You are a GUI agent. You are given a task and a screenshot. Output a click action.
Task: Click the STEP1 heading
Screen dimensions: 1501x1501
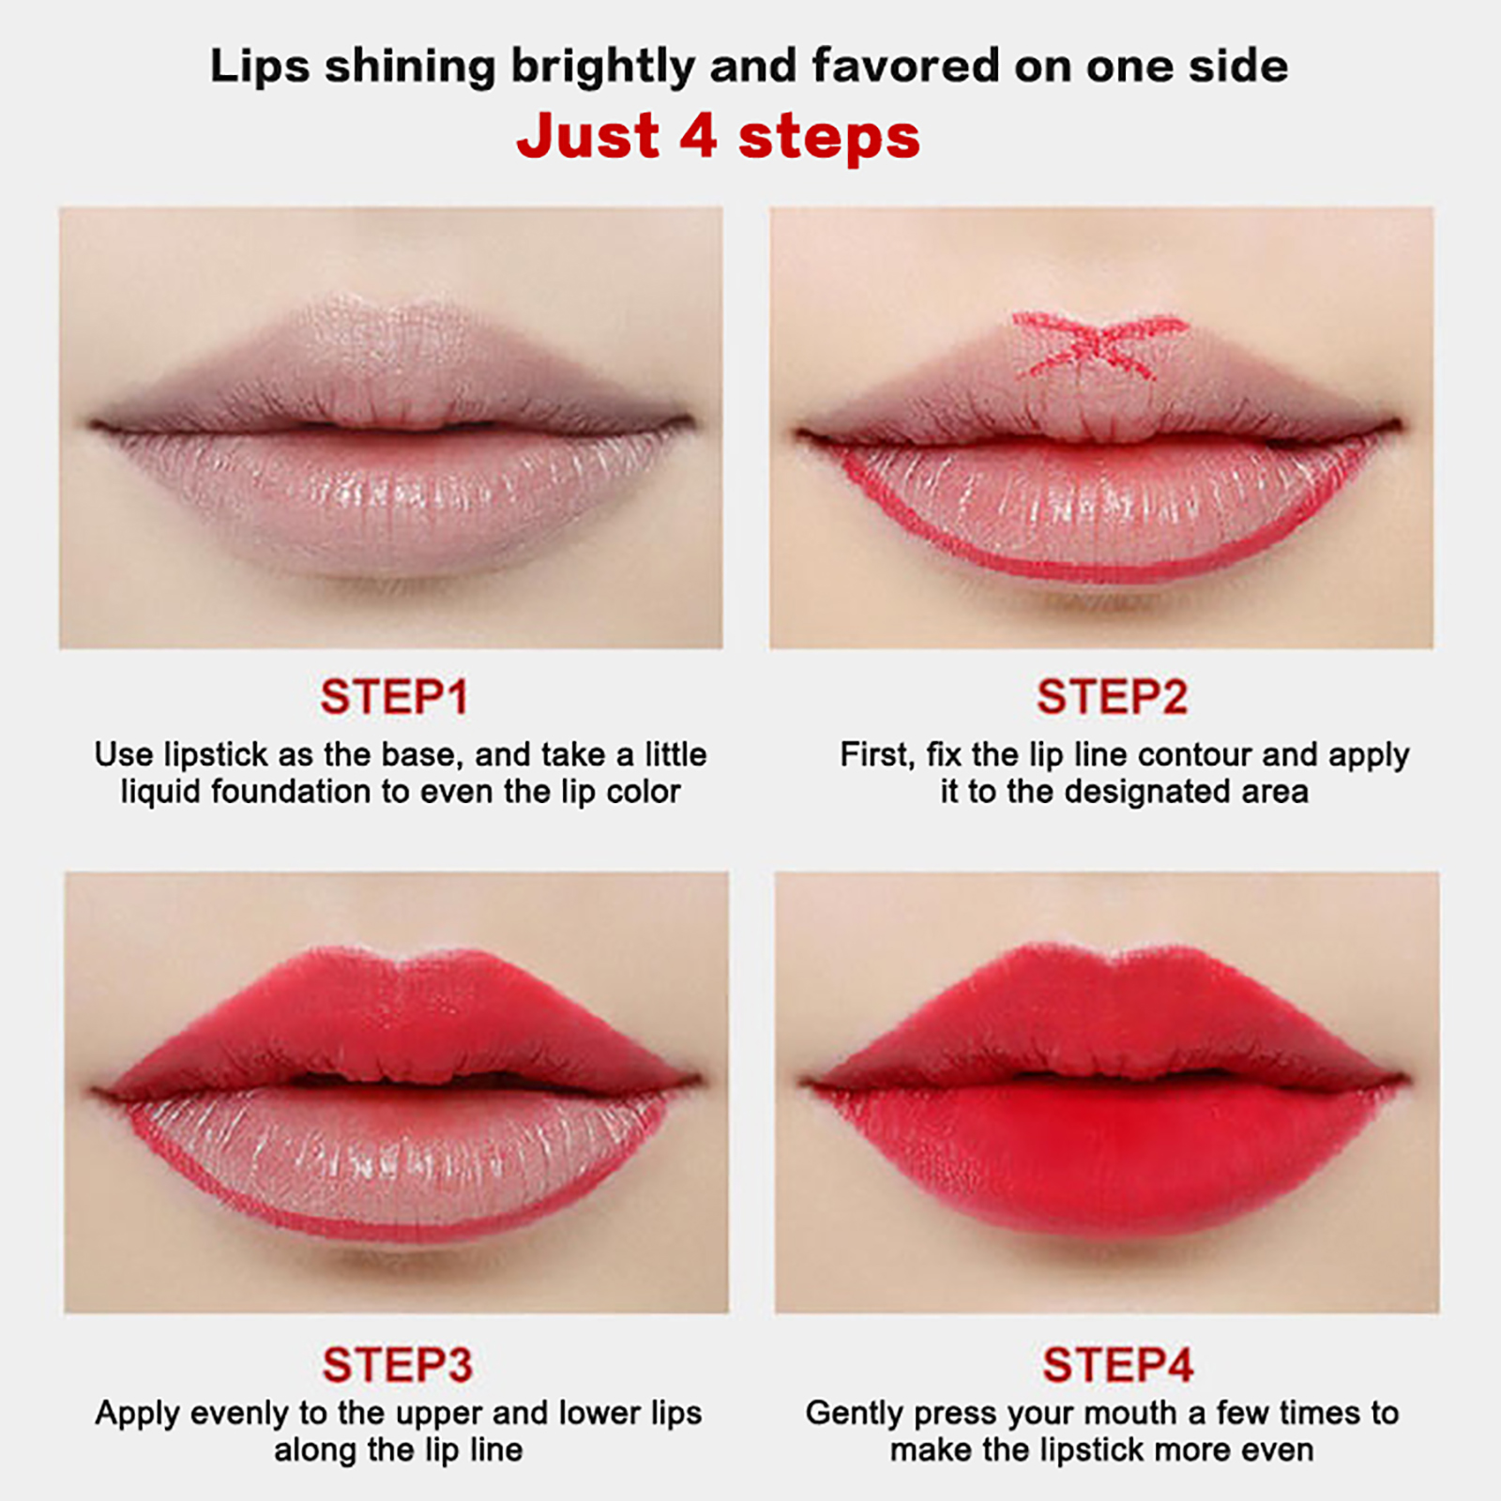point(394,697)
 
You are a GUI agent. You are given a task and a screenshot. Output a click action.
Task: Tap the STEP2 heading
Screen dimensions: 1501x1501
point(1113,697)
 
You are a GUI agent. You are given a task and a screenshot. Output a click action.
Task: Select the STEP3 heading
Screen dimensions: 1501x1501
point(397,1365)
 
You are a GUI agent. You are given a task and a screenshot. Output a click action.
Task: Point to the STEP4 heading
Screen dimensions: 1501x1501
point(1117,1365)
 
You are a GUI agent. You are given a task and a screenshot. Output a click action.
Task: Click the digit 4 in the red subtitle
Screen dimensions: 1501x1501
point(698,136)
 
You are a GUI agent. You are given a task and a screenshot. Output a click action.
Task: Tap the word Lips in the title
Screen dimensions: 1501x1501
point(260,68)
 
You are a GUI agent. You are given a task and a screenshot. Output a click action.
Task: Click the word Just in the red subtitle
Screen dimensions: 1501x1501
point(588,136)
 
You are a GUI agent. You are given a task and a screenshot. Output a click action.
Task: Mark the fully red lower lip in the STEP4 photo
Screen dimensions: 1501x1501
point(1107,1154)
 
